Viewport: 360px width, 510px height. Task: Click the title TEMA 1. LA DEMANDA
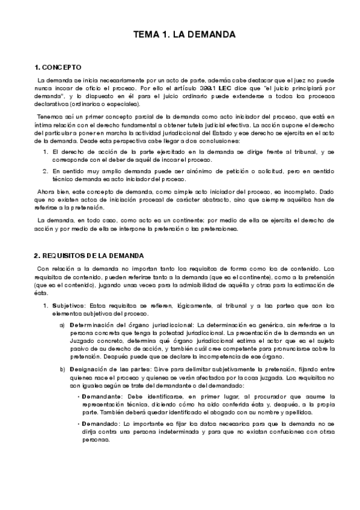[184, 35]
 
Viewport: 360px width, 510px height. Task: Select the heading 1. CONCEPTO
[58, 67]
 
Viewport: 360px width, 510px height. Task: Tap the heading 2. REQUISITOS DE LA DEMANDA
[89, 256]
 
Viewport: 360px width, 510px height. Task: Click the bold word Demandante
[105, 398]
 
